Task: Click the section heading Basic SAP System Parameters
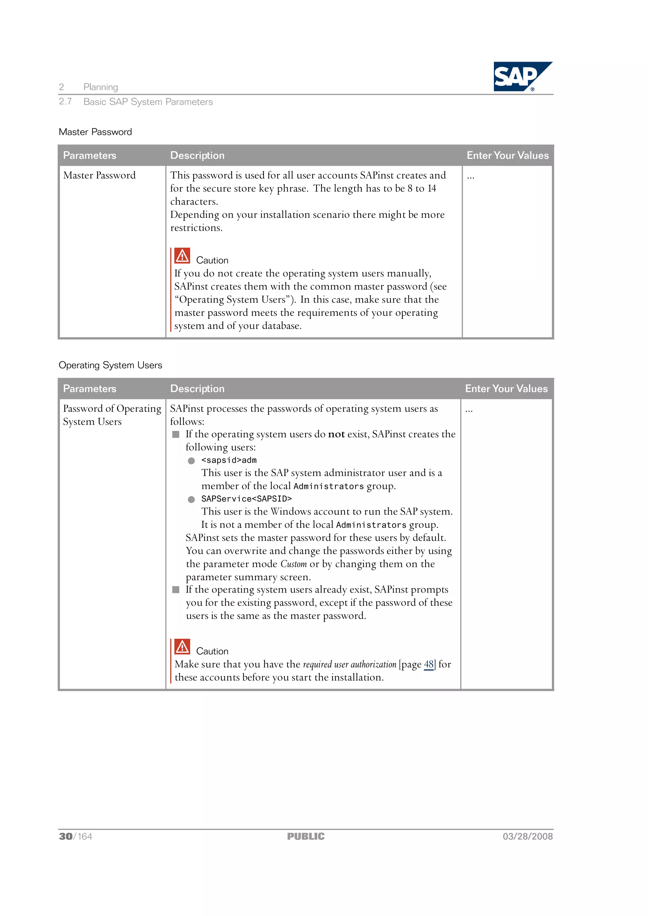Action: tap(148, 102)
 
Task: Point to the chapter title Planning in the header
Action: tap(101, 87)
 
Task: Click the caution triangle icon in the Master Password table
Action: tap(182, 256)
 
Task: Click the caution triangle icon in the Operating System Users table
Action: tap(182, 647)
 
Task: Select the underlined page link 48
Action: tap(428, 664)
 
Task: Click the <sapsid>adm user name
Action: tap(229, 460)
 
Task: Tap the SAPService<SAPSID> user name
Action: tap(246, 499)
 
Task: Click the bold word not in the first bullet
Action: tap(336, 434)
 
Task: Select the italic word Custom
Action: tap(293, 564)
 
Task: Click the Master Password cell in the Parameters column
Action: tap(99, 175)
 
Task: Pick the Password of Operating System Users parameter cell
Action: tap(112, 415)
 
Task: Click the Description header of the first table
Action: tap(197, 156)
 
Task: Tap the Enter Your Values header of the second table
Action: tap(506, 389)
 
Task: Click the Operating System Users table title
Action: tap(110, 365)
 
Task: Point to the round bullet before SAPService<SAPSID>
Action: tap(191, 500)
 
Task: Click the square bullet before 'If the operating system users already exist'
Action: tap(176, 590)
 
